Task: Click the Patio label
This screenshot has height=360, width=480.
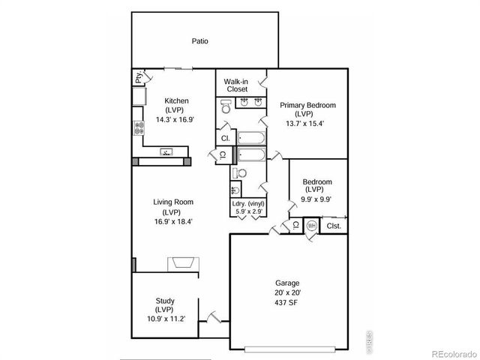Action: tap(199, 41)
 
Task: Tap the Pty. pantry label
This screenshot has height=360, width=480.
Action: tap(139, 77)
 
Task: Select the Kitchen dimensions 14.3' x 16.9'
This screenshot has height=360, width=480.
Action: tap(175, 118)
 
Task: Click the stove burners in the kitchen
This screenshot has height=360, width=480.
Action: tap(138, 129)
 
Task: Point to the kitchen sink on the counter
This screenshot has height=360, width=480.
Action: tap(166, 152)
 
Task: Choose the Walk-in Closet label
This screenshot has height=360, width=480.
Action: tap(236, 85)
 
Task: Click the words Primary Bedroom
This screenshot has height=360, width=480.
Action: tap(307, 105)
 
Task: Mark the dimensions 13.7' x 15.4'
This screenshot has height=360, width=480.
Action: tap(307, 123)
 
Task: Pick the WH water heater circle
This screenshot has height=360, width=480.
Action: tap(312, 225)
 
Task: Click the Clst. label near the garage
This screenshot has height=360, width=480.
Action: tap(334, 225)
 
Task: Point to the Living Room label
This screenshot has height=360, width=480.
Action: tap(174, 202)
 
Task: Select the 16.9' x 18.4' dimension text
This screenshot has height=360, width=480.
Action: tap(174, 221)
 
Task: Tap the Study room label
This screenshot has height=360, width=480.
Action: tap(165, 300)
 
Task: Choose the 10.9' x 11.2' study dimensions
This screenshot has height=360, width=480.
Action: tap(165, 319)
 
